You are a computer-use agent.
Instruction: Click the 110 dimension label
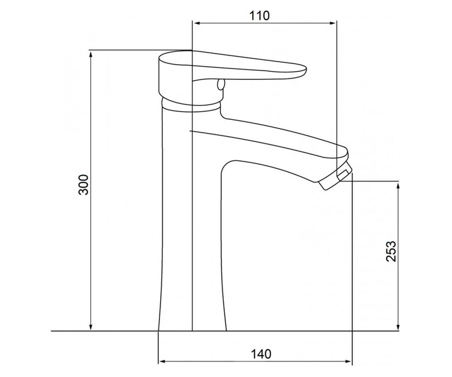coord(260,16)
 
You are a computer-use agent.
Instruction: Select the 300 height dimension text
coord(84,185)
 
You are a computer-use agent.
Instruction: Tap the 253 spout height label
coord(391,251)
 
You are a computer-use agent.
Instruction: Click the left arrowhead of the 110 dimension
coord(197,23)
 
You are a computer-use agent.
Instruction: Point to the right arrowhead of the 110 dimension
coord(332,23)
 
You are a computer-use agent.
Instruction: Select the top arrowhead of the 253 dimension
coord(398,186)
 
